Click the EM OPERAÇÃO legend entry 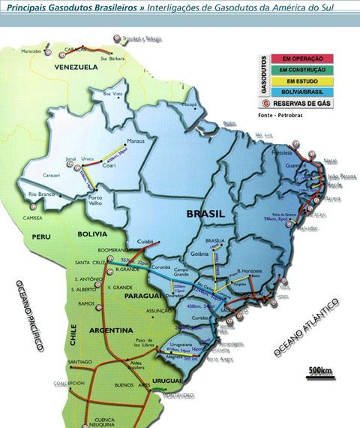(297, 57)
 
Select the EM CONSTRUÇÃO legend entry (297, 68)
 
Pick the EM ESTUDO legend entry (297, 80)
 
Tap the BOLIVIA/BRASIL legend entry (297, 91)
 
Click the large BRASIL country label (205, 214)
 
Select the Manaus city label (135, 140)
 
